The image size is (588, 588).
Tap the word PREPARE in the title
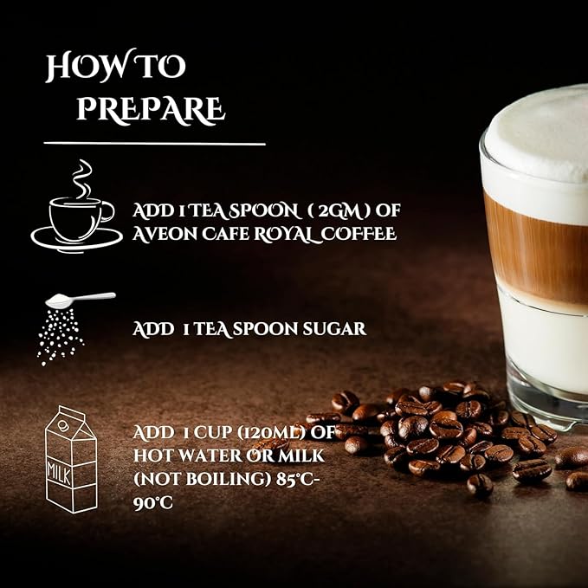tap(151, 109)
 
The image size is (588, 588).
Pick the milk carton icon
tap(71, 459)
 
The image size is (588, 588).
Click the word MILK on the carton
tap(59, 473)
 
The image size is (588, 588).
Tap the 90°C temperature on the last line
tap(153, 503)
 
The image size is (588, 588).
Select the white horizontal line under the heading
tap(154, 143)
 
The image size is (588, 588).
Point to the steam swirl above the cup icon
tap(81, 178)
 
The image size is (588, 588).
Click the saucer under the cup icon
tap(76, 240)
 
